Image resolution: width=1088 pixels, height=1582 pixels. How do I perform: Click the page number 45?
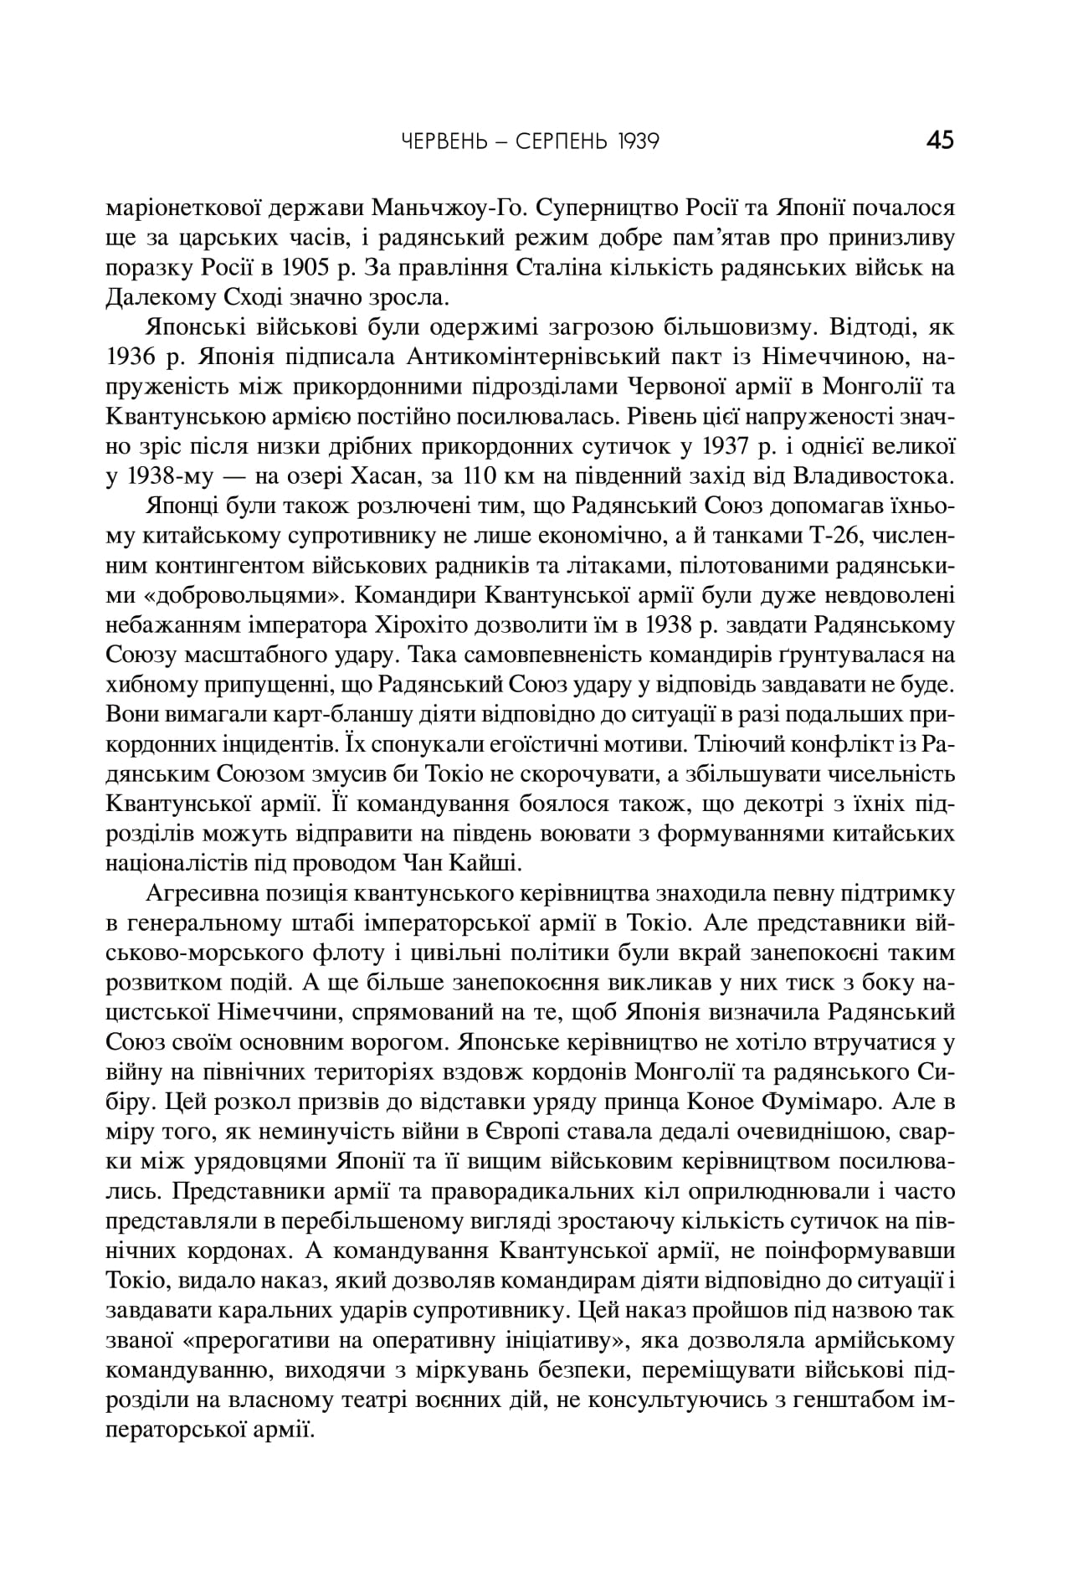[x=940, y=139]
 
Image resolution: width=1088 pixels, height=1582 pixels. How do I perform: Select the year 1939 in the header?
[x=634, y=141]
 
